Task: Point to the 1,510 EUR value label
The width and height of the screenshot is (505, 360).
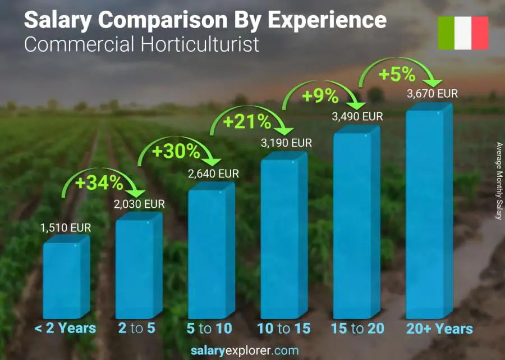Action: tap(65, 229)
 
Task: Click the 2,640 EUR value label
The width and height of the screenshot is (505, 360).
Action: tap(213, 174)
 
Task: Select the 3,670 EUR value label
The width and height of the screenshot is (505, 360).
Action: tap(432, 94)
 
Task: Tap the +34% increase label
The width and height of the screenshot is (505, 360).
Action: tap(100, 183)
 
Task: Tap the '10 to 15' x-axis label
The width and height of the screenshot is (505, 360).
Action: tap(283, 329)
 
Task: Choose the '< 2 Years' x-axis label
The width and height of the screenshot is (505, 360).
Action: tap(65, 329)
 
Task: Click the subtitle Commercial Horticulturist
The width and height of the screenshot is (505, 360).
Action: tap(142, 44)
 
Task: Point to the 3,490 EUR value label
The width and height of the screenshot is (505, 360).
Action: tap(357, 117)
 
